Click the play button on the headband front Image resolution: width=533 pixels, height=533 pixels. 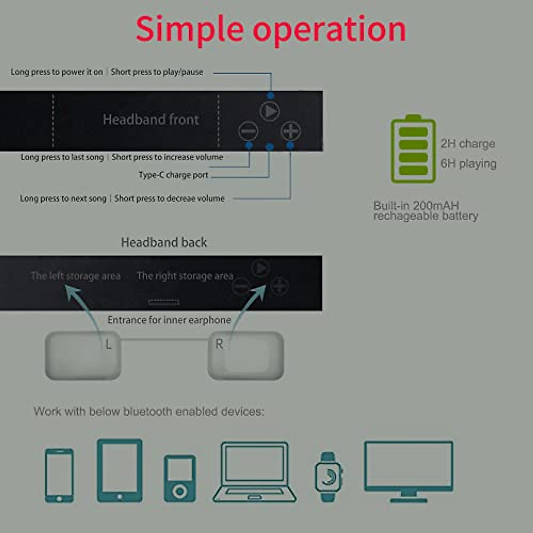[269, 111]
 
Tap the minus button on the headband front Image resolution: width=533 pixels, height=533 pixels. [248, 131]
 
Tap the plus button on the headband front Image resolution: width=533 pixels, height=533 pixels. [290, 131]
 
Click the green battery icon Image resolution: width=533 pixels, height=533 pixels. [413, 149]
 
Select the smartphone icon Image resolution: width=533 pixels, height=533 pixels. [59, 475]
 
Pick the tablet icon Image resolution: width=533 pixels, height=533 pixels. [119, 470]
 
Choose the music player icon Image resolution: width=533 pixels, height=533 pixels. [179, 478]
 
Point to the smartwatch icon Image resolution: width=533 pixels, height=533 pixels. [328, 477]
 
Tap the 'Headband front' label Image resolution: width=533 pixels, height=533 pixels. [151, 119]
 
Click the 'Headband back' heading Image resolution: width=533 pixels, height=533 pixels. [164, 243]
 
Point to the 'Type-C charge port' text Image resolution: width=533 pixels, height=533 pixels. [173, 175]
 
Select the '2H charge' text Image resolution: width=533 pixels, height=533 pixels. [468, 143]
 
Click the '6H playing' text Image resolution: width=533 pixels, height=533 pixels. [468, 163]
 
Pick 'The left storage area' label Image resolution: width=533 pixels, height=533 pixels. [76, 276]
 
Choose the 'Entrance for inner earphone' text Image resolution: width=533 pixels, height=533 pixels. [169, 320]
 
